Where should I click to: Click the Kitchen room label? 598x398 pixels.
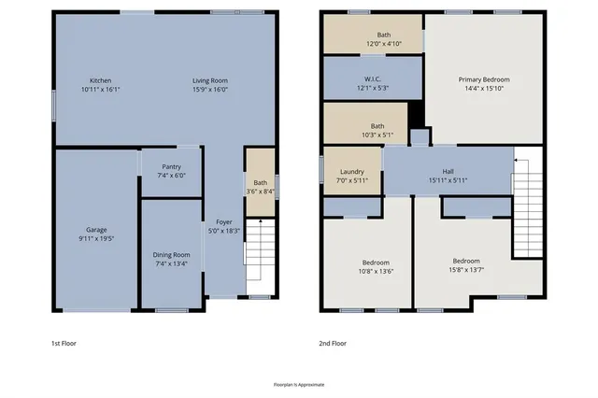coord(100,80)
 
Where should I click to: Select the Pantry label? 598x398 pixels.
coord(170,166)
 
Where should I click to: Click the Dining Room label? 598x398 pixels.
coord(171,254)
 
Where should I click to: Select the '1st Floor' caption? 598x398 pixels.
coord(64,343)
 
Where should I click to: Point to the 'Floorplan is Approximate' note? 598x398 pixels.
coord(298,384)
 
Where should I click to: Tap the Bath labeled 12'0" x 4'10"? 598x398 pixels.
coord(371,39)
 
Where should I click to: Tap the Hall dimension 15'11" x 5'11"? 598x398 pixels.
coord(448,180)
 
